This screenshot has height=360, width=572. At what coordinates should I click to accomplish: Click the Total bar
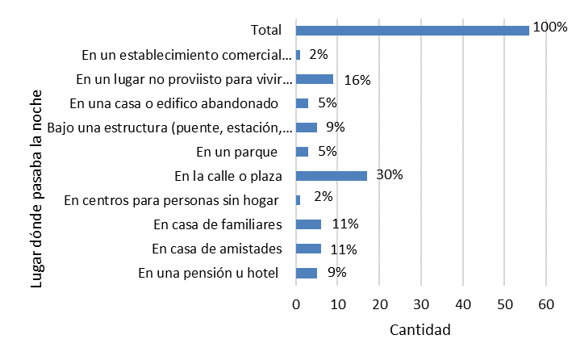[412, 31]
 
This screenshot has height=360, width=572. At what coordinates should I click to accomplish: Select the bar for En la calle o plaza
[332, 175]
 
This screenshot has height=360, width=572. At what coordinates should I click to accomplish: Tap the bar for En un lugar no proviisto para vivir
[315, 79]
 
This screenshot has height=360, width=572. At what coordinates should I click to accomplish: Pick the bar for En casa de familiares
[308, 224]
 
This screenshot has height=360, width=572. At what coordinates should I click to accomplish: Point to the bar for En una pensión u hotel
[307, 273]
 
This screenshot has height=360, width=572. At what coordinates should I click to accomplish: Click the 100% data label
[550, 27]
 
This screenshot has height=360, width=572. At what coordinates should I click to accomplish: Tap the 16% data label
[357, 79]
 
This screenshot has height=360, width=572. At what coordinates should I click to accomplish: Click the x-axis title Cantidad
[420, 330]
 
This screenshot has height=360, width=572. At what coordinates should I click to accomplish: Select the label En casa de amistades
[215, 249]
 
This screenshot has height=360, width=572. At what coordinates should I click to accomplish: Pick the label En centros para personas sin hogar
[171, 200]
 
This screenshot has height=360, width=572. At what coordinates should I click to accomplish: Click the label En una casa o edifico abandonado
[173, 103]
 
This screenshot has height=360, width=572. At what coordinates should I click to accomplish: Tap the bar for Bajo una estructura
[307, 128]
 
